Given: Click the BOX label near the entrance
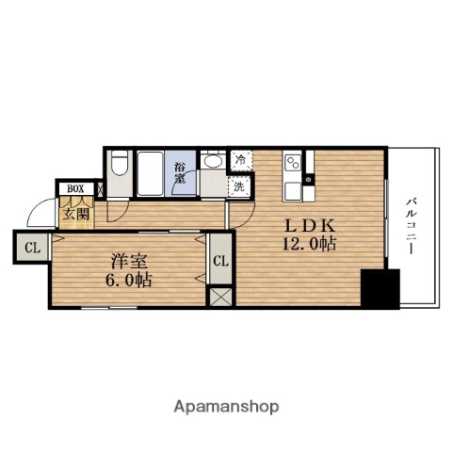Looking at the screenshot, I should (74, 188).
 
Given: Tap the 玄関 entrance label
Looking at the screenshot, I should (76, 214).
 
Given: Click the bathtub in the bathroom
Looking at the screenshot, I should (151, 173).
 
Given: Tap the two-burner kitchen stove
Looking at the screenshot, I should (293, 163).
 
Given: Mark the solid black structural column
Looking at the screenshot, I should (379, 288).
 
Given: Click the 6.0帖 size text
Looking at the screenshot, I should (122, 280).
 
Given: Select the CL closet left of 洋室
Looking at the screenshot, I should (31, 249).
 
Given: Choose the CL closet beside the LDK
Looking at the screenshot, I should (221, 262).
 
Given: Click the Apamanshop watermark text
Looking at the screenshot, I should (226, 407).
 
